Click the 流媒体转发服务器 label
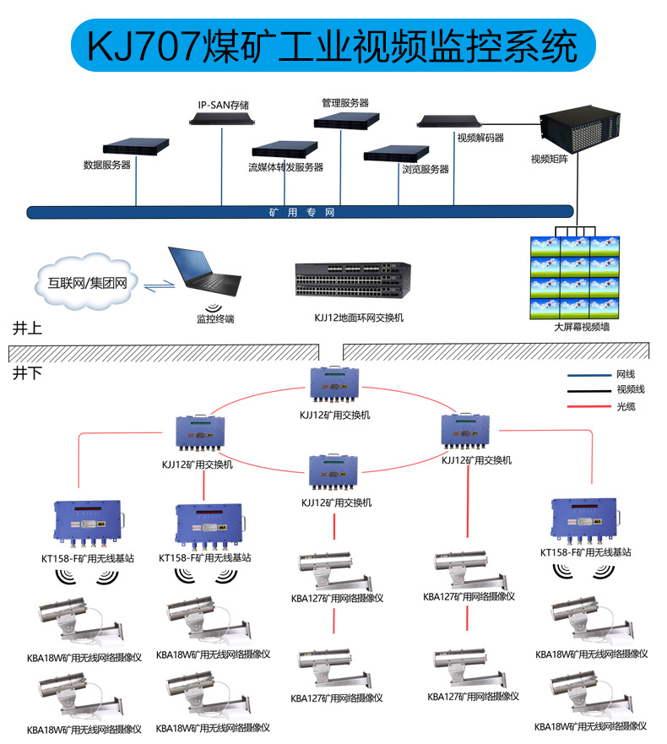285,167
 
